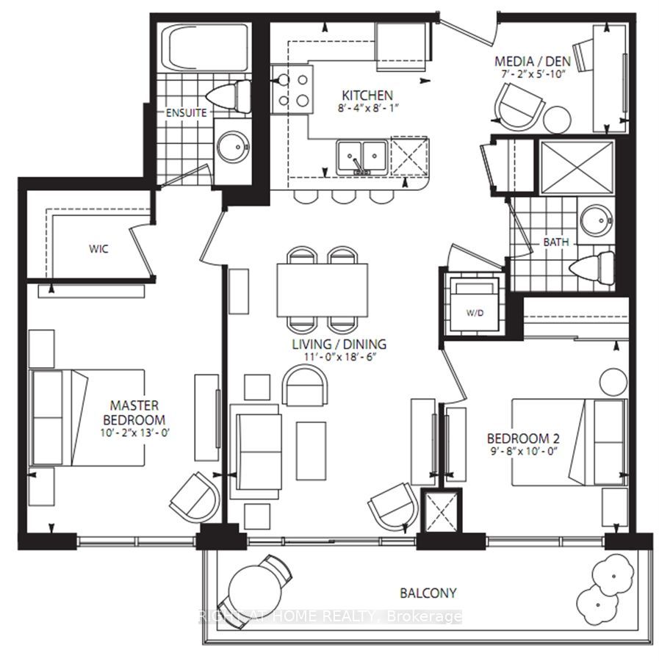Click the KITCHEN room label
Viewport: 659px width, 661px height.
[x=367, y=95]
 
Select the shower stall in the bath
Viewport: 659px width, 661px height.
[x=577, y=167]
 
